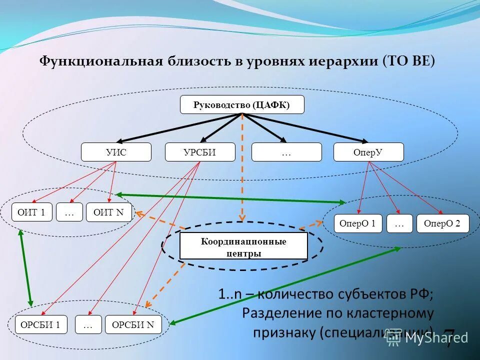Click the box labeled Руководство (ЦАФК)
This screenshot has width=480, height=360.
click(241, 104)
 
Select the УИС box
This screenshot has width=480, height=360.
click(116, 152)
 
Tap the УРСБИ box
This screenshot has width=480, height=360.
click(200, 152)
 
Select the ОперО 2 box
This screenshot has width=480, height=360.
click(442, 223)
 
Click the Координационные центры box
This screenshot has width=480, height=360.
click(243, 246)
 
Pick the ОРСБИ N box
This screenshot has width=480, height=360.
click(133, 325)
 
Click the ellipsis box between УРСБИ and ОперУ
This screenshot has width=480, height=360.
click(286, 152)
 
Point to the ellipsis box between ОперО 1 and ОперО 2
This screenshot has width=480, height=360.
click(399, 223)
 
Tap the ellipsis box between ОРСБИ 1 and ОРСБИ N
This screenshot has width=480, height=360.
click(88, 325)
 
